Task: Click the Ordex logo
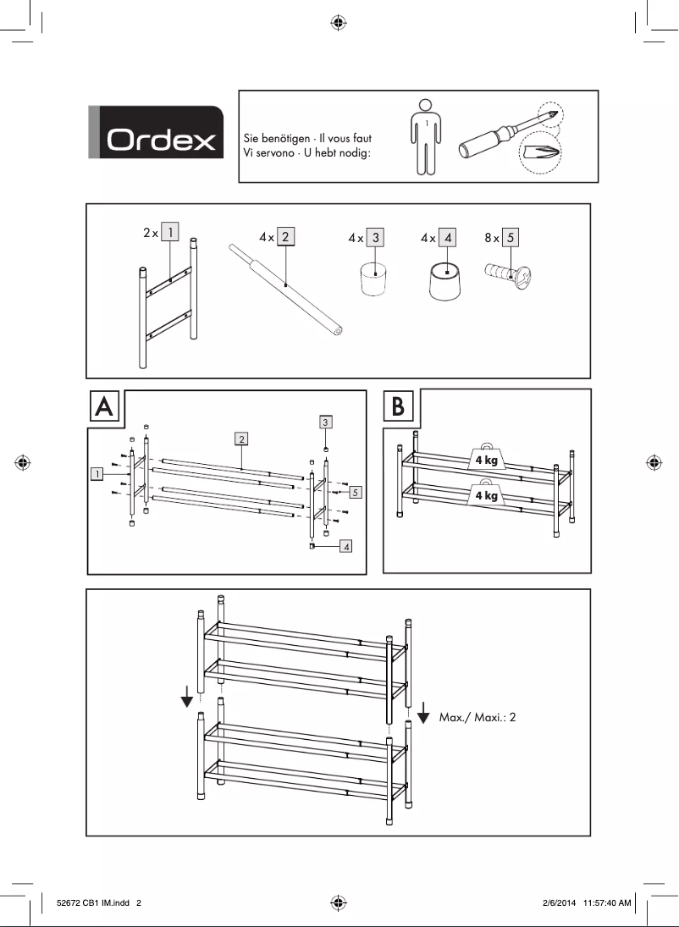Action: [x=156, y=133]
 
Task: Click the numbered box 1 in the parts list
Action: [x=170, y=232]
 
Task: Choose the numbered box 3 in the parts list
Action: [x=376, y=238]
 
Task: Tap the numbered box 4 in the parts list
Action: [x=448, y=238]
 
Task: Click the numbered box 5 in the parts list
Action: [x=511, y=238]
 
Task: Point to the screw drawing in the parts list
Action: [x=506, y=274]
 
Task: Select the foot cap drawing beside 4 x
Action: [x=445, y=283]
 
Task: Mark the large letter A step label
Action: [x=105, y=407]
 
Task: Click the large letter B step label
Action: [x=399, y=407]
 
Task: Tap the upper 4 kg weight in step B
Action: [x=487, y=459]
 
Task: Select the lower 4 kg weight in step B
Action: [x=487, y=495]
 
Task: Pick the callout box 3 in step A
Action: [x=326, y=421]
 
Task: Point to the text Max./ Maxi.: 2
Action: [x=477, y=717]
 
